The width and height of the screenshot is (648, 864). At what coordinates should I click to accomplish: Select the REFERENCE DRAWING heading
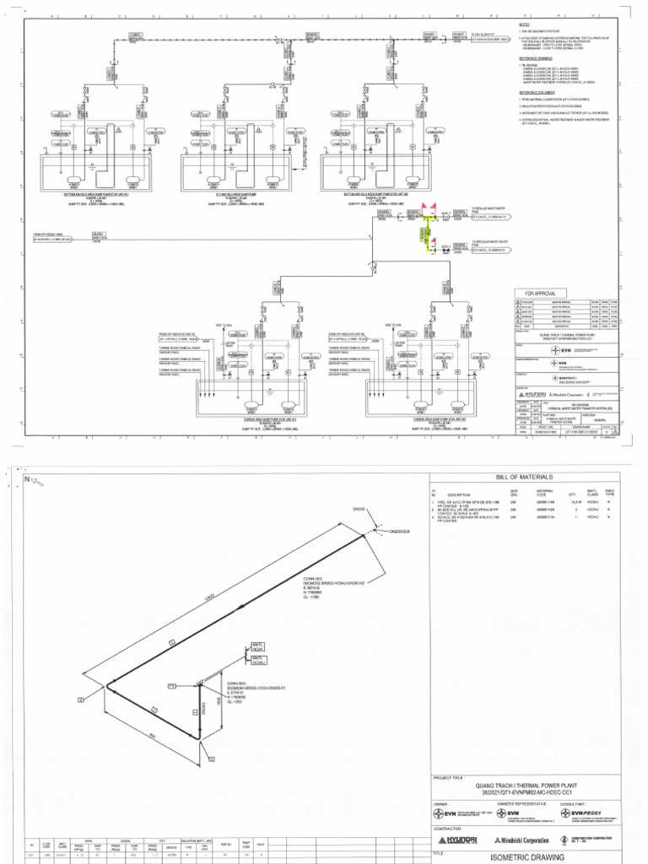click(534, 58)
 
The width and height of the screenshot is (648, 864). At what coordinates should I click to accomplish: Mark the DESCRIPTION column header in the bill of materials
click(459, 494)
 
